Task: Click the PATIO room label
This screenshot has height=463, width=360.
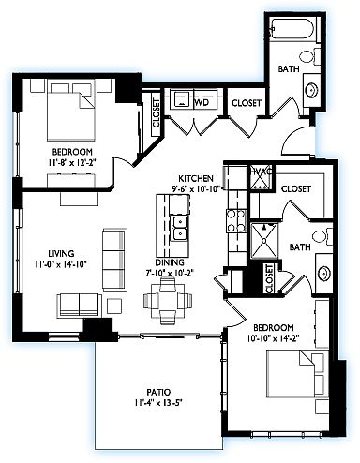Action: pos(158,392)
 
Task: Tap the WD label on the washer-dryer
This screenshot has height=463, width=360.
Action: pos(202,102)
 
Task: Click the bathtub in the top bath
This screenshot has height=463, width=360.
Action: pos(292,30)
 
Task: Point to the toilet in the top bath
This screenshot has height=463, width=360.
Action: pos(310,56)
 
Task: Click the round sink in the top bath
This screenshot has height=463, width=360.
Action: pos(312,90)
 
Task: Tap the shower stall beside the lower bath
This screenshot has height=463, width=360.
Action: pos(264,241)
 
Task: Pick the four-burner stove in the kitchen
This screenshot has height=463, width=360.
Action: pos(236,221)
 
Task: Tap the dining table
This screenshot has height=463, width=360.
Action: pos(168,300)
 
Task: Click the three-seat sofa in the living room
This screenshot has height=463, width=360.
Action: pos(114,260)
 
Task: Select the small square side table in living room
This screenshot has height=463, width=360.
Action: pos(114,306)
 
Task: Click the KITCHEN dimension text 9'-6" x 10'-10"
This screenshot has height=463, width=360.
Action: pos(197,188)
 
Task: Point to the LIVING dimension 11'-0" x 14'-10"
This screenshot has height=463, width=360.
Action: pos(61,264)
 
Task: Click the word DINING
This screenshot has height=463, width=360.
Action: pos(170,261)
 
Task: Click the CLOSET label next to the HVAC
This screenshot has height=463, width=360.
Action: pos(295,188)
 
